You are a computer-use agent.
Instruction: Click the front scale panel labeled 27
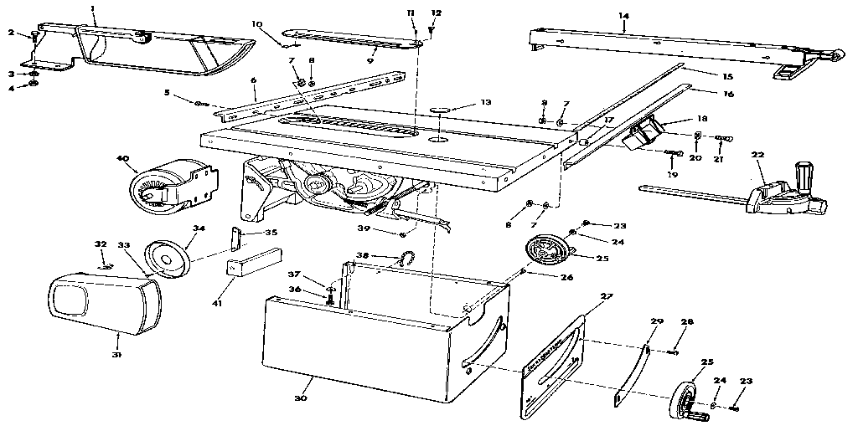pos(553,368)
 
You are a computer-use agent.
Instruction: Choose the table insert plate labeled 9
pos(352,39)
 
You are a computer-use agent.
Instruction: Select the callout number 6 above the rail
pos(252,80)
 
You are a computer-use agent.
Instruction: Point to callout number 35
pos(271,232)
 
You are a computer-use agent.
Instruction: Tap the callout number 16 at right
pos(727,94)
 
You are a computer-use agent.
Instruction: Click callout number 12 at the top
pos(435,13)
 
